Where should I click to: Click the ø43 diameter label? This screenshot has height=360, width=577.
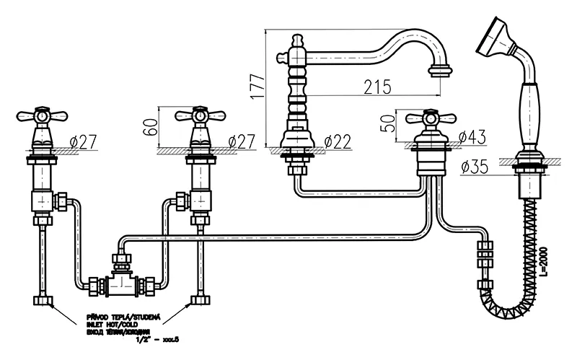click(471, 136)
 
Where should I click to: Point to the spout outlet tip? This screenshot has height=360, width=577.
click(440, 71)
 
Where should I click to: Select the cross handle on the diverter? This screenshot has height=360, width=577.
click(431, 117)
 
